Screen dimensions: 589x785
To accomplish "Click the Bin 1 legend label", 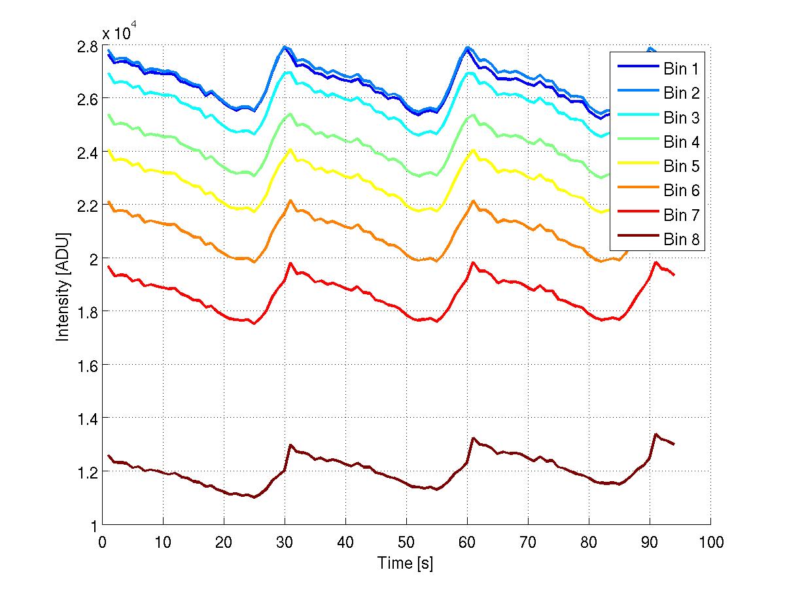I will point(682,69).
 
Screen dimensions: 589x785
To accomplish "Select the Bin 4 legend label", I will point(682,142).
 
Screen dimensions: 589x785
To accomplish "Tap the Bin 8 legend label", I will point(682,240).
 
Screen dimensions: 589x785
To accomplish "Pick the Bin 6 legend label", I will point(682,191).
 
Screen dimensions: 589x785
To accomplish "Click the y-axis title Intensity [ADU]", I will point(63,286).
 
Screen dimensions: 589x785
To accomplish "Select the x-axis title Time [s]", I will point(405,563).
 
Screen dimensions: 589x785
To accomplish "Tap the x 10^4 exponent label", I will point(119,32).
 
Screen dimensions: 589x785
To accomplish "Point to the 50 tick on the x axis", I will point(406,542).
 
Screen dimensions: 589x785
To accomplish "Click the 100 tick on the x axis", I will point(711,542).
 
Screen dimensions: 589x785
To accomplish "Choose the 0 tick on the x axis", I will point(102,542).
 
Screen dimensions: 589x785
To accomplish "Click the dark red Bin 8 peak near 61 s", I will point(473,438).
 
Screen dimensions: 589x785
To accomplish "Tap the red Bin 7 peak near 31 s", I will point(290,263).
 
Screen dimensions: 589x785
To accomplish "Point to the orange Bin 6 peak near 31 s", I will point(290,200).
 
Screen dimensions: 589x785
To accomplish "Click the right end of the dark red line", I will point(674,445).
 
